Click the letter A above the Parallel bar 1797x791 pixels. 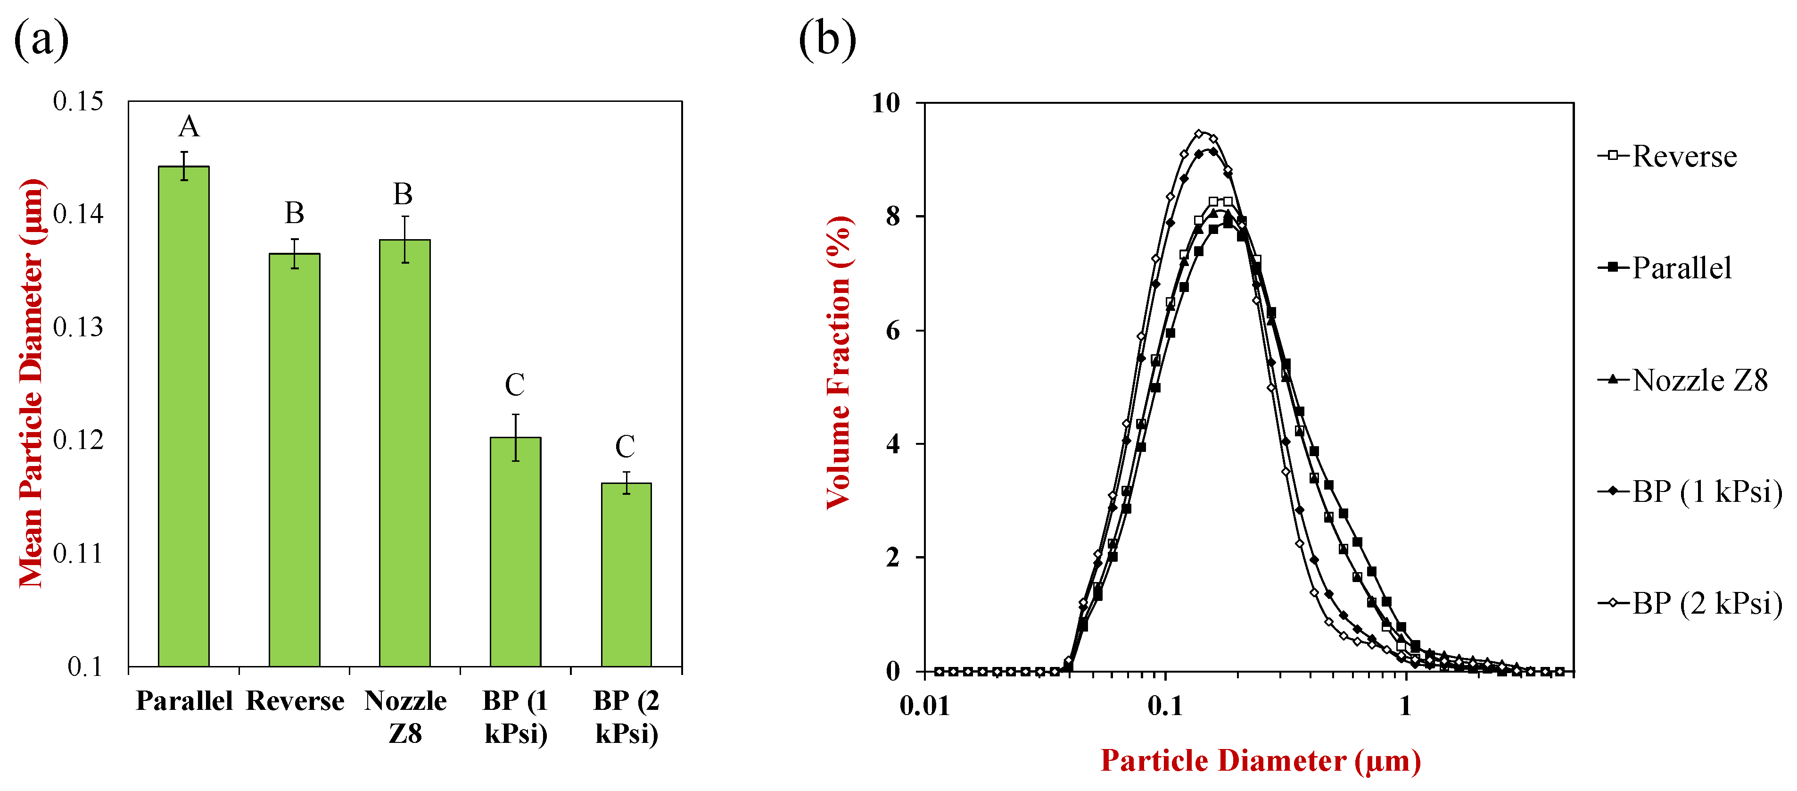click(x=189, y=127)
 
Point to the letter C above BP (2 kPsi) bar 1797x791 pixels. click(x=625, y=447)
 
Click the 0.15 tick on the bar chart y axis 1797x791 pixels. click(x=78, y=101)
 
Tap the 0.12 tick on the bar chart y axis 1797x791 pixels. click(x=78, y=440)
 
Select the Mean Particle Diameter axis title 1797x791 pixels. click(x=32, y=383)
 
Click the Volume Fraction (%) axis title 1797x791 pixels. click(x=839, y=363)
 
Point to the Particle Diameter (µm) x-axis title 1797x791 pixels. click(x=1261, y=760)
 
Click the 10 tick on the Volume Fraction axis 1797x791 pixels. click(x=886, y=103)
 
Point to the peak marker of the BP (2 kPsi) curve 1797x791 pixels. click(x=1199, y=133)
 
